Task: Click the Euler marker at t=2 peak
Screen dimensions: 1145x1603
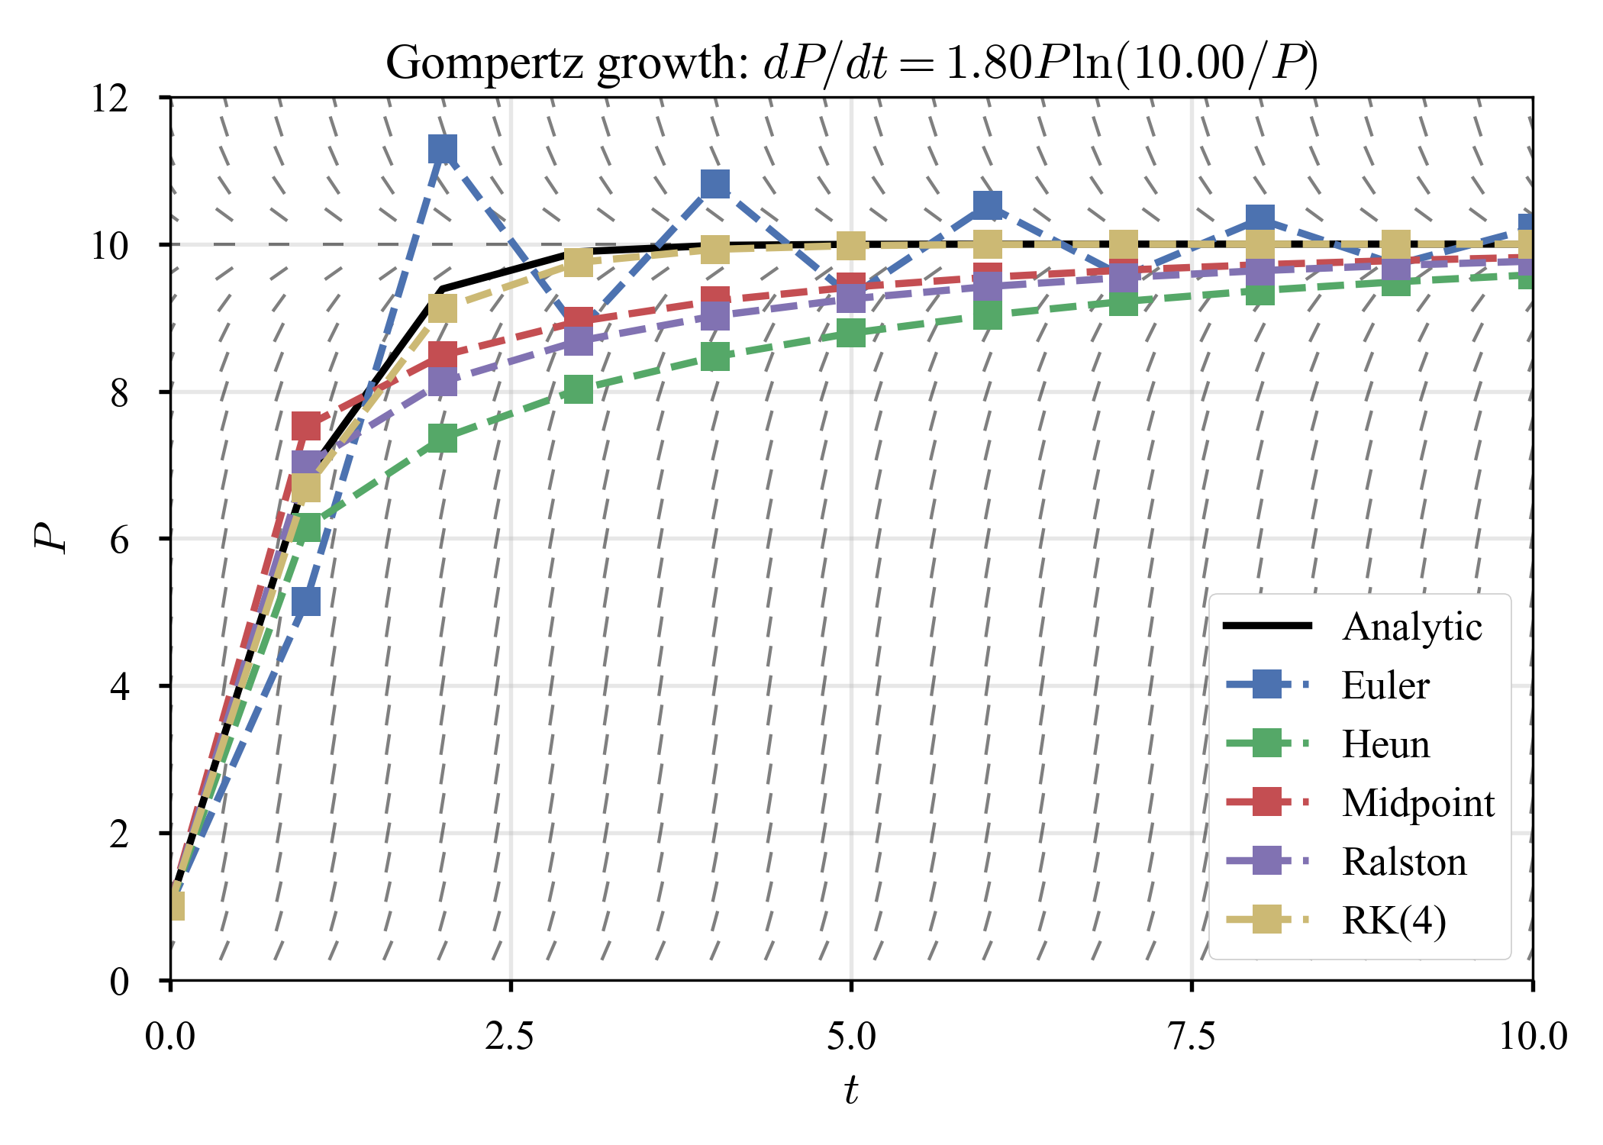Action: pos(443,150)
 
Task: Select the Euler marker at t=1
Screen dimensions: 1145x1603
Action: pos(306,602)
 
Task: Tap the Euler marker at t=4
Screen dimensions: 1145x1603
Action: pos(715,184)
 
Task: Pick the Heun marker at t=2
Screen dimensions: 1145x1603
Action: pos(443,438)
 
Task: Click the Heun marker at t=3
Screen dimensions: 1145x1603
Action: pos(579,389)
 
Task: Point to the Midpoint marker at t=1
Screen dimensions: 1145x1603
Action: pos(306,426)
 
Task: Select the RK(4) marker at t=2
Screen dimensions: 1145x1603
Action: pos(443,309)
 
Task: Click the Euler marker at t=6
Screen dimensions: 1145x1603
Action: pos(988,205)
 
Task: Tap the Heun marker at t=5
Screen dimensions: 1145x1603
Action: pos(851,333)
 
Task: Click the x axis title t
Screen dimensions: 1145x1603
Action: pos(851,1090)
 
